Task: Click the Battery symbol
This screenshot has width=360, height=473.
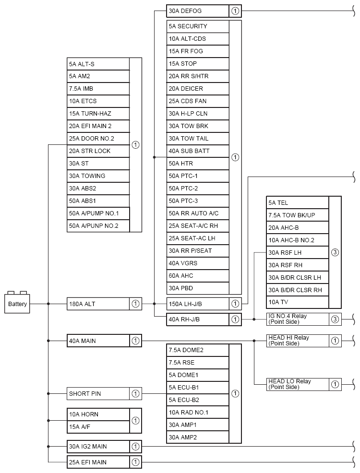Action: (x=18, y=303)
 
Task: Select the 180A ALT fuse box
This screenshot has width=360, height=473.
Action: (x=98, y=304)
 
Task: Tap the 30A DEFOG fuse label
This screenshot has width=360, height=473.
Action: (x=198, y=11)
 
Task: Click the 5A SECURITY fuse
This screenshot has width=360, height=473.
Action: (x=198, y=26)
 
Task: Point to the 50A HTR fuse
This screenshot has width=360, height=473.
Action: (x=198, y=164)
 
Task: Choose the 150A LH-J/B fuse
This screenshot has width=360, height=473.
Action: (x=198, y=304)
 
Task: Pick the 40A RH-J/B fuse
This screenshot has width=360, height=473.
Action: (x=198, y=319)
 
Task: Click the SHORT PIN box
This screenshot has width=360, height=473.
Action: (x=98, y=394)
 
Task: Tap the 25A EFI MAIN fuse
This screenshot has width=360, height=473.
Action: (x=98, y=462)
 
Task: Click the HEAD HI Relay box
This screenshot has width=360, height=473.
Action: (x=298, y=341)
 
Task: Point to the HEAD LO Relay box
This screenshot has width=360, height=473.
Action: (x=298, y=384)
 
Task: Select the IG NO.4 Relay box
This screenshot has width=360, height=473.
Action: (x=298, y=319)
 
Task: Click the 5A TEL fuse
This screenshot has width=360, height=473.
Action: (x=298, y=203)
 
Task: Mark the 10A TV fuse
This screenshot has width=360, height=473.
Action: (x=298, y=302)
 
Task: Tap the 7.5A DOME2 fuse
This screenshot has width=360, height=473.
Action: (x=198, y=350)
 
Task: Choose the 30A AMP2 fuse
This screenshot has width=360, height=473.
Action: (x=198, y=438)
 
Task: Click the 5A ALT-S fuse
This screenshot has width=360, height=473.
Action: (x=98, y=64)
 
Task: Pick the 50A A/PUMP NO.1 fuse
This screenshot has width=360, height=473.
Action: (x=98, y=213)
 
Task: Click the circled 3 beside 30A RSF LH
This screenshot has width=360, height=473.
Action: (x=335, y=252)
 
